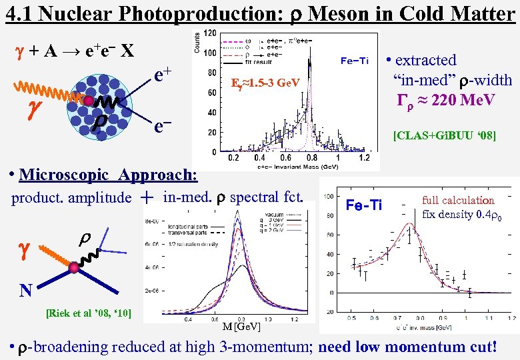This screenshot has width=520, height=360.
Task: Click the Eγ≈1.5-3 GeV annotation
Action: pyautogui.click(x=265, y=84)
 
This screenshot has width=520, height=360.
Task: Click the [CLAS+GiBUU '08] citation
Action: pyautogui.click(x=444, y=136)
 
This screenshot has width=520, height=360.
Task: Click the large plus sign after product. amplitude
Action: pyautogui.click(x=147, y=197)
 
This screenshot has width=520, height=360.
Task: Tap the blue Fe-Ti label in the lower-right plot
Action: pyautogui.click(x=364, y=204)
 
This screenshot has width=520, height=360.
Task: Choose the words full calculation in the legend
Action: pyautogui.click(x=458, y=200)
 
